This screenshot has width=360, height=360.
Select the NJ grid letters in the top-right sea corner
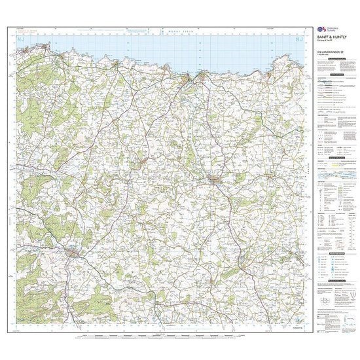300,41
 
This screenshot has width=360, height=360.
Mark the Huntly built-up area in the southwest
71,250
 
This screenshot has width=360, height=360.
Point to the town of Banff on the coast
189,81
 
